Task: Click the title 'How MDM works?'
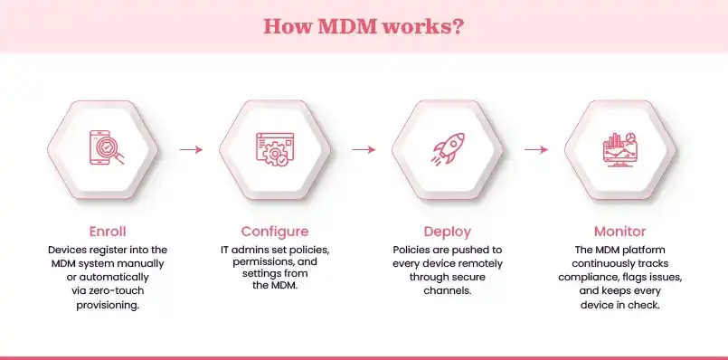(x=364, y=25)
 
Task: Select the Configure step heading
(x=274, y=231)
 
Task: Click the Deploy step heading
(x=447, y=231)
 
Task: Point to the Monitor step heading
(x=619, y=231)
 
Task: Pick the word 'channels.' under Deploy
(x=447, y=292)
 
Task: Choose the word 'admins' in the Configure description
(x=258, y=249)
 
